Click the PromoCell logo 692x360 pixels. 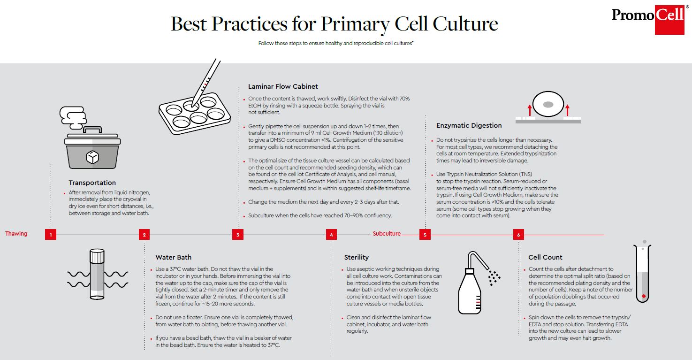coord(648,17)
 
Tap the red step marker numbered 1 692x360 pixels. coord(51,235)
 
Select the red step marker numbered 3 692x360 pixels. coord(238,235)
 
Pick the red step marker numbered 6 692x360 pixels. coord(518,235)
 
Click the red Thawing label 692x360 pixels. coord(16,234)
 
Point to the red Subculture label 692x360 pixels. coord(387,234)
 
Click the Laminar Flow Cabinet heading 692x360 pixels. coord(283,86)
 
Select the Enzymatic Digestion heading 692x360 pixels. coord(469,125)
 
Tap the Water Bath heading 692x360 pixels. coord(174,257)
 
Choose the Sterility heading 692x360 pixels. coord(357,257)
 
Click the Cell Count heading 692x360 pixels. coord(545,257)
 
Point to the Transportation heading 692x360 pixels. coord(92,183)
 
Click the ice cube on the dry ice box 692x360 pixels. coord(92,157)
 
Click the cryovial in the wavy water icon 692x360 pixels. coord(97,274)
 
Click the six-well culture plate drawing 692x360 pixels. coord(194,113)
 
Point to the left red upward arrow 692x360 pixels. coord(529,110)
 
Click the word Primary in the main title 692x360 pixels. coord(348,23)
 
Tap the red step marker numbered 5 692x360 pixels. coord(425,235)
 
